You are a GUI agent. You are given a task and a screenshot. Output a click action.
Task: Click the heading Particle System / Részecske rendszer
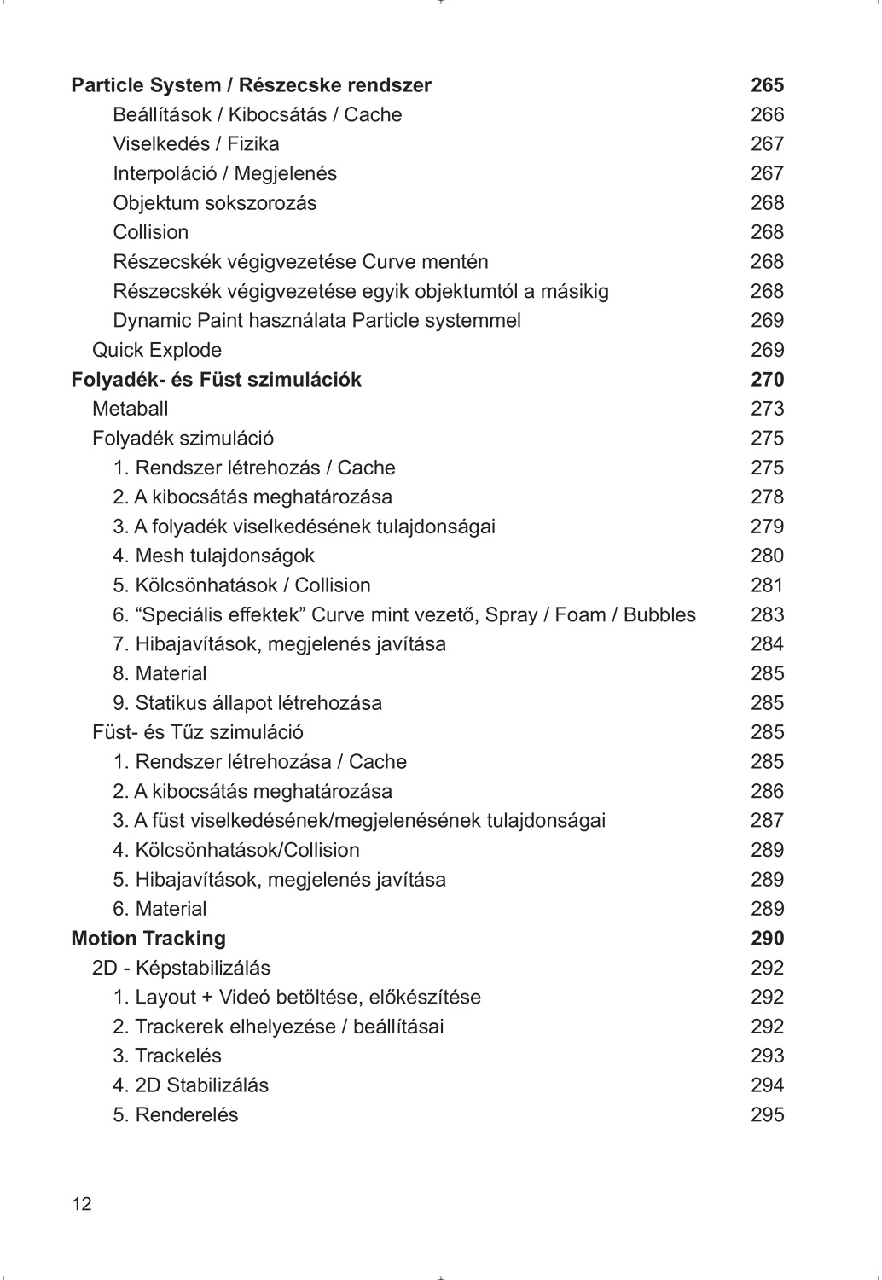tap(251, 85)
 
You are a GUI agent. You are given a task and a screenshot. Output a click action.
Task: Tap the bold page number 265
tap(767, 85)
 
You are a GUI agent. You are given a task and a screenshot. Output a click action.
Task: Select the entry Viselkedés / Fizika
tap(195, 144)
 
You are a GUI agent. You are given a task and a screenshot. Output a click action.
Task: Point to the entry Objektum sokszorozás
tap(214, 203)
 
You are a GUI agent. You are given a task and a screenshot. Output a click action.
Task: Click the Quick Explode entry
tap(157, 350)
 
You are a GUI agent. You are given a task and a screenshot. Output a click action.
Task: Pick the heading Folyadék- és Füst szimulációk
tap(216, 380)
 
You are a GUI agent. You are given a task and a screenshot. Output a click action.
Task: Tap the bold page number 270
tap(767, 380)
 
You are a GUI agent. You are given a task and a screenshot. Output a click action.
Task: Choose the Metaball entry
tap(130, 409)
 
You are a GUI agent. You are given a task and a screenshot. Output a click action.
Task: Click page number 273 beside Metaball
tap(767, 409)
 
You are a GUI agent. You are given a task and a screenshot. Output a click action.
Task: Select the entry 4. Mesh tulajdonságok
tap(213, 556)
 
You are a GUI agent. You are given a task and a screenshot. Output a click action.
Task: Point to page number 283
tap(767, 615)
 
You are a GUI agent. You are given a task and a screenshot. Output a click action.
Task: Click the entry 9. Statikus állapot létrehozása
tap(247, 703)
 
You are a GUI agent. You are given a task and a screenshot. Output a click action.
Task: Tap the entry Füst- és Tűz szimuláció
tap(198, 732)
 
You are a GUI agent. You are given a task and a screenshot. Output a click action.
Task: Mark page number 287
tap(767, 821)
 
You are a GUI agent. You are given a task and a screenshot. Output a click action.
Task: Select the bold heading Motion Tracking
tap(148, 939)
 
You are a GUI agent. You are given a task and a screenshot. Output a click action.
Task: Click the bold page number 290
tap(767, 939)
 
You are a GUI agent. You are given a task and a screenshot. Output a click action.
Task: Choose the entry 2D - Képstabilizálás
tap(181, 968)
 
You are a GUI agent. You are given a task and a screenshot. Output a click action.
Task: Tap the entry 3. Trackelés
tap(167, 1056)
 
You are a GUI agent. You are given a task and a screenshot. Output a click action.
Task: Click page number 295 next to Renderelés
tap(767, 1115)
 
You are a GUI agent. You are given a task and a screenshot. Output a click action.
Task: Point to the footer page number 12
tap(82, 1205)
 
